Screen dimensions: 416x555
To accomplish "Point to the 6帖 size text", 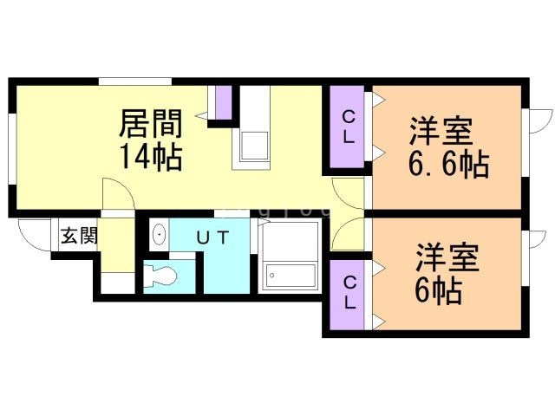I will coord(437,290).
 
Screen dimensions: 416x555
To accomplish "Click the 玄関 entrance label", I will coord(79,236).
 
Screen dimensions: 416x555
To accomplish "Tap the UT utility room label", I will coord(212,237).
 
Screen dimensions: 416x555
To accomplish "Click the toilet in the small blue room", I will coord(163,276).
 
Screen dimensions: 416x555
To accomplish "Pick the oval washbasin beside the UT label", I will coord(160,235).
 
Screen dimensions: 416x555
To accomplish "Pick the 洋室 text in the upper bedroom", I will coord(441,132).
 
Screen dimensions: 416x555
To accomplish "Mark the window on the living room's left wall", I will coord(10,147).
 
